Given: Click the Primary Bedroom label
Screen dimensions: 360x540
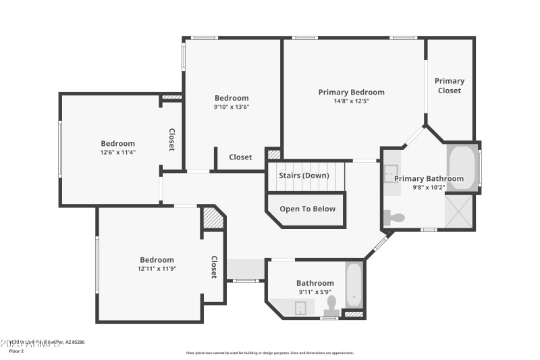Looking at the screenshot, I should [351, 92].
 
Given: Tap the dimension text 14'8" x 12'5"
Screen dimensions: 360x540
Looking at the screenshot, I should [351, 101].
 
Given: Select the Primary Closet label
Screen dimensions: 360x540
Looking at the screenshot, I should [450, 86].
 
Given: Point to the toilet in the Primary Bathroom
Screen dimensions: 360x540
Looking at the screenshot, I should [396, 217].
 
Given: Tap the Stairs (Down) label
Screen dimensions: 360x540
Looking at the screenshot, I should [304, 176].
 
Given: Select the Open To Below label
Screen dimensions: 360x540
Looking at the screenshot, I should [307, 209].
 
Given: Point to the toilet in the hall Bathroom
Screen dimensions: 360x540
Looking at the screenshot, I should [330, 307].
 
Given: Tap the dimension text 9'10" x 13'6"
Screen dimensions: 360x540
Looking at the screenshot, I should [232, 107].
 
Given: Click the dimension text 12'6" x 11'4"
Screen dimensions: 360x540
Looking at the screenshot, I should [118, 153].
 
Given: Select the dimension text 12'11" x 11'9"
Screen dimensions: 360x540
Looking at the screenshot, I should [157, 269].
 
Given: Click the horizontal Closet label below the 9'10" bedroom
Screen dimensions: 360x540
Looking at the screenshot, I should [240, 157].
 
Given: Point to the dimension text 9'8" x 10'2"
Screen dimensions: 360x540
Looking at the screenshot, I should [429, 188].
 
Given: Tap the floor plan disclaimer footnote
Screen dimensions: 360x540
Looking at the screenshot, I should [269, 353].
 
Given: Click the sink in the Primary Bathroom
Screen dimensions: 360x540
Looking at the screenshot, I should [391, 173].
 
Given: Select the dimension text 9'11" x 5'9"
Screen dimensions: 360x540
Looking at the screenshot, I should [315, 292].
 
